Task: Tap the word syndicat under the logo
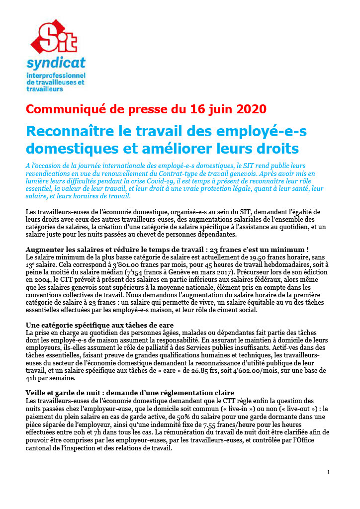tap(56, 63)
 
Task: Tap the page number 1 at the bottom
tap(328, 472)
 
